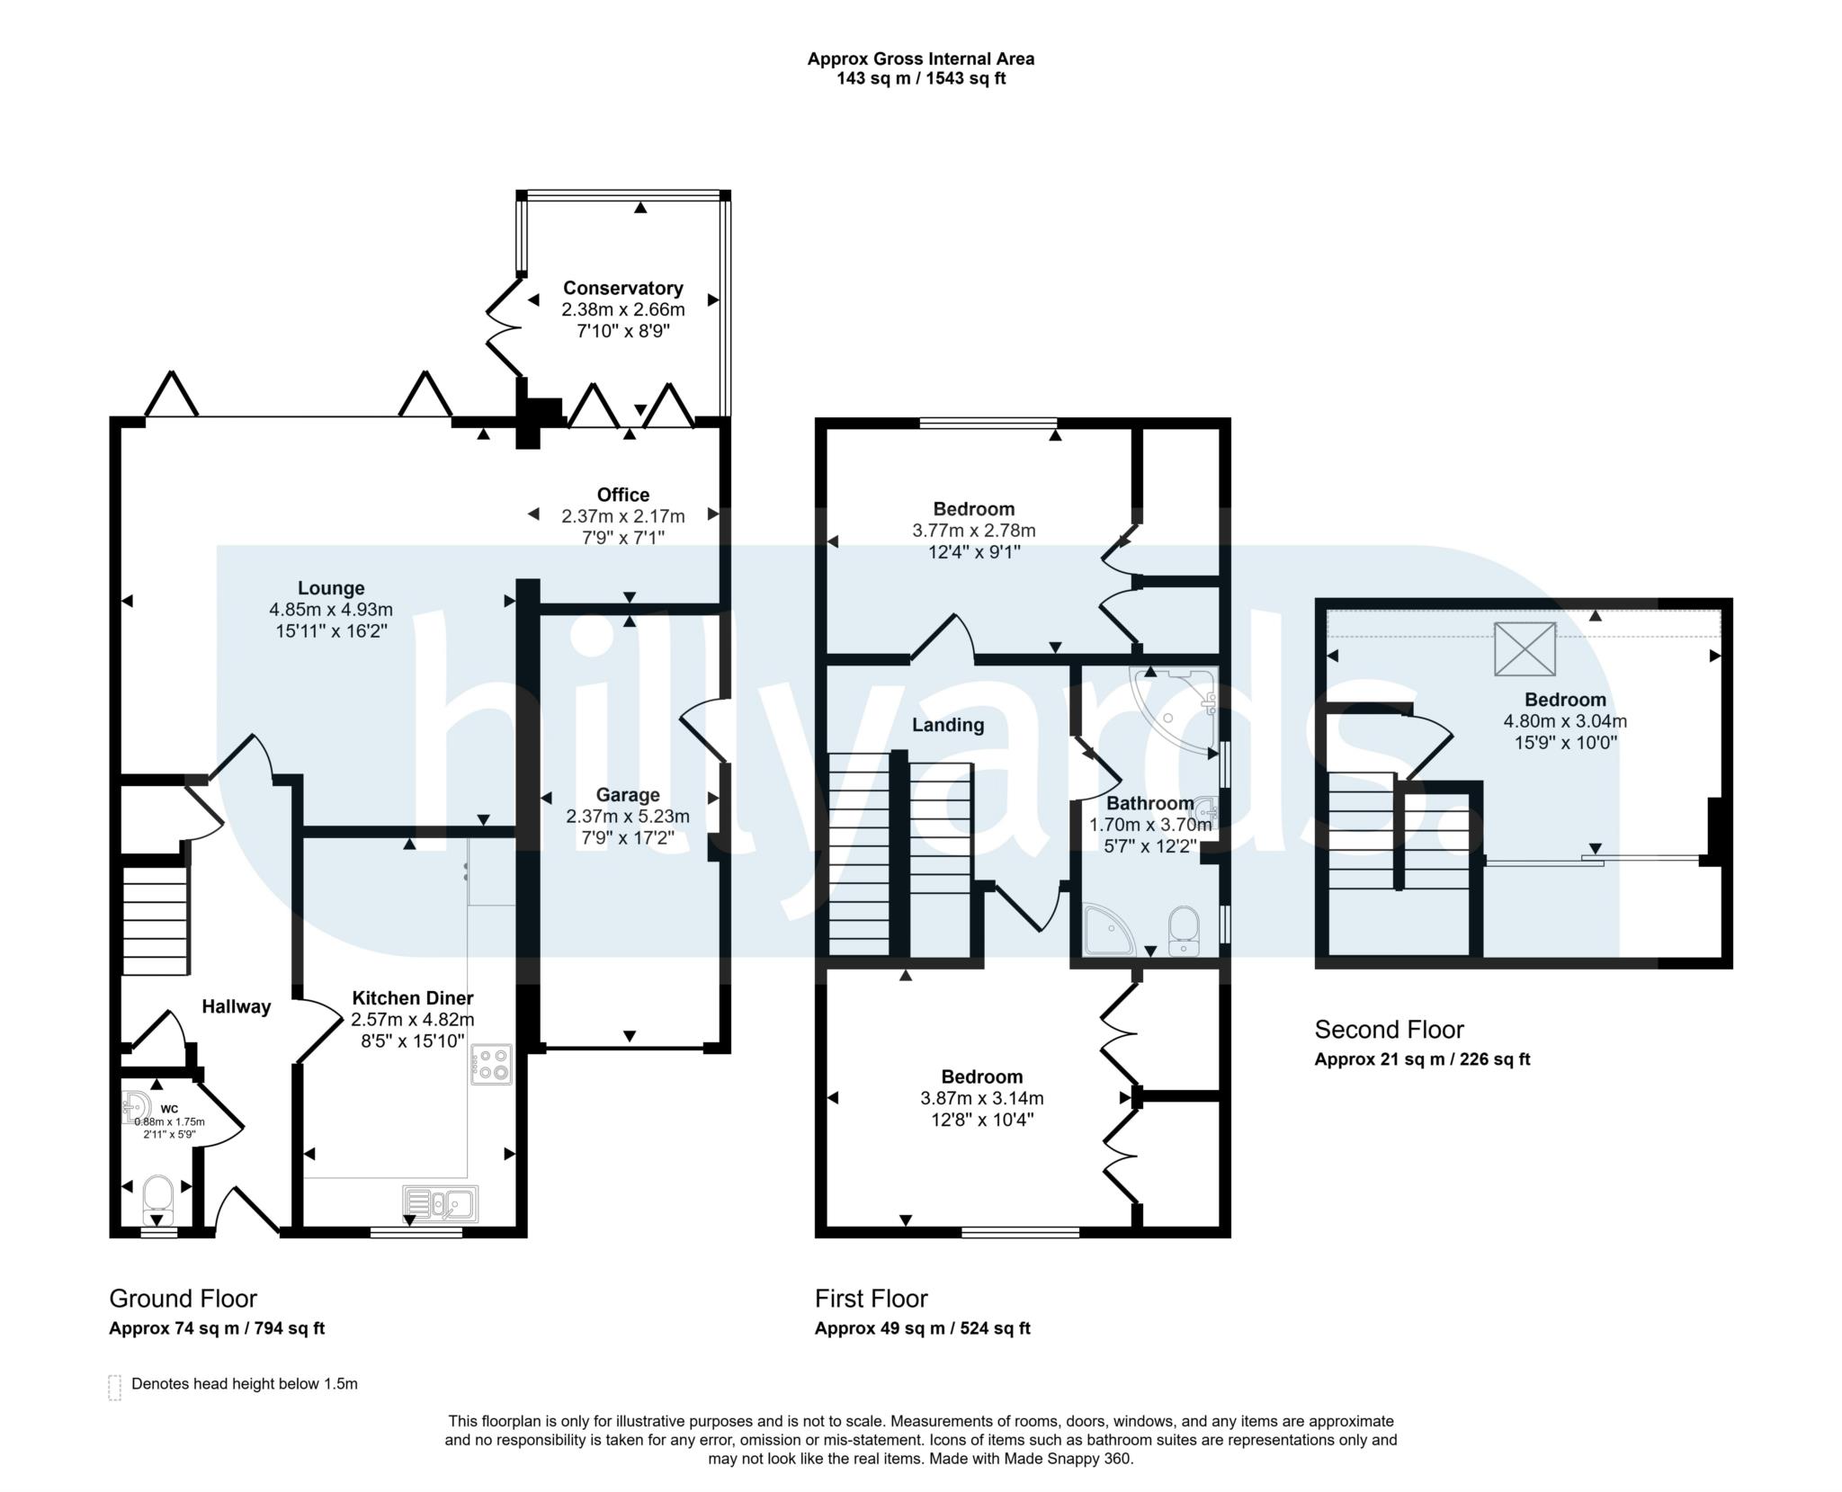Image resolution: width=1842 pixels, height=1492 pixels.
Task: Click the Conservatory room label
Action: pos(622,288)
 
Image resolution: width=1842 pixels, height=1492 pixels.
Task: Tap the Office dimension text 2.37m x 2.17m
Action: pos(623,516)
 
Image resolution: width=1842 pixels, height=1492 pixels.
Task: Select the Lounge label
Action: pos(331,588)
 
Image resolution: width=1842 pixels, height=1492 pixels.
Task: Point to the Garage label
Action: pos(628,795)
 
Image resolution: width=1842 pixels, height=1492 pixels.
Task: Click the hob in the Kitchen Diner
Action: pos(490,1064)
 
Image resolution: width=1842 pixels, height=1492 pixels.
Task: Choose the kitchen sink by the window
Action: pos(441,1203)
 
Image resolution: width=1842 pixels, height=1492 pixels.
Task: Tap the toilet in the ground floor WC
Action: pos(157,1196)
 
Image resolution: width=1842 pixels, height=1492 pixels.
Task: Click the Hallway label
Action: pos(236,1006)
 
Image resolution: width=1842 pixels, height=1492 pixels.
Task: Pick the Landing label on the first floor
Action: pos(948,725)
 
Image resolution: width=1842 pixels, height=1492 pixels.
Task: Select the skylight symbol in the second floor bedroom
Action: pos(1525,648)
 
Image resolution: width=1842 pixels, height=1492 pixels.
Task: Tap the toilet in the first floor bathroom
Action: pos(1183,931)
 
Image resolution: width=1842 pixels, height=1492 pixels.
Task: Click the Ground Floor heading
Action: pos(183,1299)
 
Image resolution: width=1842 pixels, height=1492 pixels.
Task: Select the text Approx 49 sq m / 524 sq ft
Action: pos(923,1328)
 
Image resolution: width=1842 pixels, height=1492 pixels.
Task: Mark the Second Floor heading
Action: pos(1390,1030)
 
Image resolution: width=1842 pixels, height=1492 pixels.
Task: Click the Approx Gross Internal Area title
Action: pos(921,59)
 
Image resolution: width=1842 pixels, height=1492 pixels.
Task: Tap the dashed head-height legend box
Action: pos(114,1388)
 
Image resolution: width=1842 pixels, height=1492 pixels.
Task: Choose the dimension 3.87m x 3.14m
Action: pos(982,1098)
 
